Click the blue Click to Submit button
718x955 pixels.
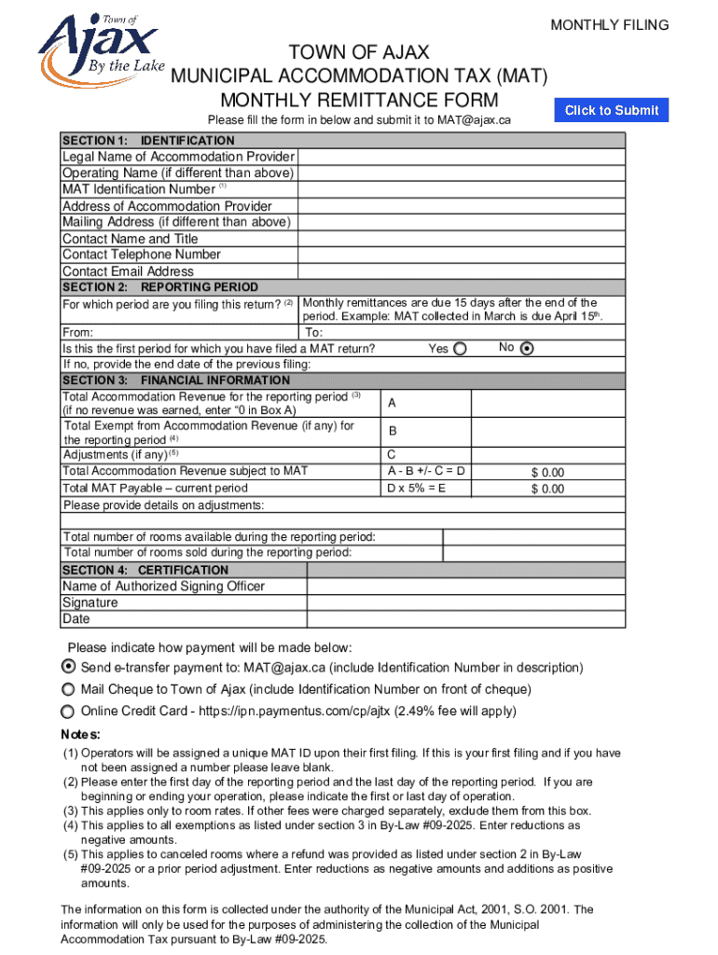click(612, 110)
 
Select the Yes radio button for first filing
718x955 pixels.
click(463, 349)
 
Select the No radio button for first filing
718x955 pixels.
click(527, 349)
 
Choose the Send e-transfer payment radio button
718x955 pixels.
click(68, 667)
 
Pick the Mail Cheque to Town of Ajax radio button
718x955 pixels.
click(68, 689)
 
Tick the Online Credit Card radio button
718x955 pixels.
click(68, 711)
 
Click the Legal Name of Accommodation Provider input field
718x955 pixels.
click(461, 157)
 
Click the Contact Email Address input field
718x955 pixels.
click(461, 271)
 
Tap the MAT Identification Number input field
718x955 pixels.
click(461, 189)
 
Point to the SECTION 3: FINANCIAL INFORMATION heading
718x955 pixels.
click(176, 381)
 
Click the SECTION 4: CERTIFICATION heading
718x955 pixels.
click(145, 570)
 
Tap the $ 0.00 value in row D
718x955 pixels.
click(547, 473)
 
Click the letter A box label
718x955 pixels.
click(392, 403)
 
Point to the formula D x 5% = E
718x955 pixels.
click(416, 488)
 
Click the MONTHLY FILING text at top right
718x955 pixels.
click(609, 25)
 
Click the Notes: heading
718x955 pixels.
click(80, 733)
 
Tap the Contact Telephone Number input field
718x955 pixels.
click(461, 255)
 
